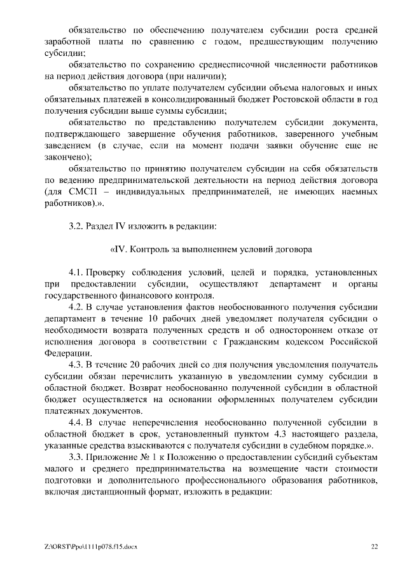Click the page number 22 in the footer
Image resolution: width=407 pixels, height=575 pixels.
(x=375, y=546)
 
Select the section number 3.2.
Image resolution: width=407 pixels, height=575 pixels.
(x=76, y=226)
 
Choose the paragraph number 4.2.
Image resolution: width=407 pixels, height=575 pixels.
(x=76, y=307)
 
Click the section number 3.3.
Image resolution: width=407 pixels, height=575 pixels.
(x=76, y=456)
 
